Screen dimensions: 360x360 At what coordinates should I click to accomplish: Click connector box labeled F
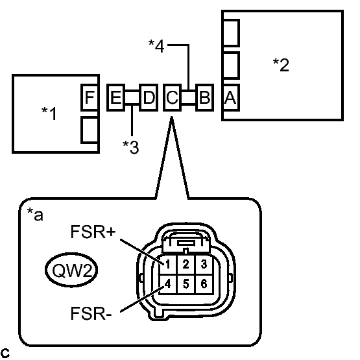[x=90, y=97]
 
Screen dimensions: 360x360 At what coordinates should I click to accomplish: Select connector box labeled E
[x=115, y=97]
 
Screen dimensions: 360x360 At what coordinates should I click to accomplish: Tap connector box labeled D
[x=149, y=97]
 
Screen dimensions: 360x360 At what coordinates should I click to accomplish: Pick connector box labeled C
[x=172, y=97]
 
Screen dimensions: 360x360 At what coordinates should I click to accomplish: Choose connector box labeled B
[x=204, y=97]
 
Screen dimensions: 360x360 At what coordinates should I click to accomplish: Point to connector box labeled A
[x=231, y=97]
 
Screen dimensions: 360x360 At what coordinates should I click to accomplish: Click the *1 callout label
[x=49, y=113]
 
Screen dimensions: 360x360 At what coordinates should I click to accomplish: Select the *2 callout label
[x=281, y=65]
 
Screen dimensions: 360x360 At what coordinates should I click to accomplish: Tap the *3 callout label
[x=131, y=147]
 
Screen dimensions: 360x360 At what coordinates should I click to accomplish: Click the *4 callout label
[x=156, y=46]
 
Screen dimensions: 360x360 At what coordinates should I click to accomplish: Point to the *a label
[x=35, y=214]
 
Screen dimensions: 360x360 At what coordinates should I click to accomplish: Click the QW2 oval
[x=71, y=270]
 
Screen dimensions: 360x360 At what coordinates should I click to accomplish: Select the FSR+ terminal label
[x=93, y=232]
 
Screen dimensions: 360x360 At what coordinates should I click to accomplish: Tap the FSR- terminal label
[x=91, y=313]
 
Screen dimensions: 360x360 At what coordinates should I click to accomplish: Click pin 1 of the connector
[x=168, y=265]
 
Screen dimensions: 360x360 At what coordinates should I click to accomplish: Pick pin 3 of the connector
[x=204, y=265]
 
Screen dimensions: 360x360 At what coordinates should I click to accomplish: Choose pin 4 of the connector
[x=168, y=284]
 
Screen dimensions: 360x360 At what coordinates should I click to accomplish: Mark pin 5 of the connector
[x=186, y=284]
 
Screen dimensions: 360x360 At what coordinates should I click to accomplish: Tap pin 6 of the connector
[x=204, y=284]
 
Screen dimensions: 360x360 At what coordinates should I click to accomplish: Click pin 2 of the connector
[x=186, y=265]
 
